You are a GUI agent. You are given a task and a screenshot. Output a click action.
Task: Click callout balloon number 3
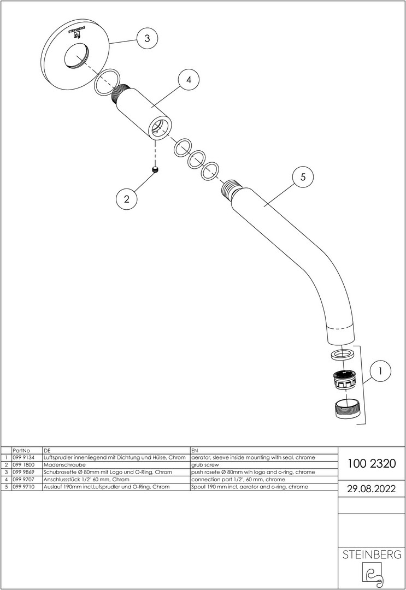pos(147,38)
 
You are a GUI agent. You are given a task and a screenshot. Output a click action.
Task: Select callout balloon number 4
pos(189,80)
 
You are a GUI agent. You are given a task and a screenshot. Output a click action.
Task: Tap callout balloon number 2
pos(127,199)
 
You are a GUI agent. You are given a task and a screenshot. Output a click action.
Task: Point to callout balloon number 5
pos(303,177)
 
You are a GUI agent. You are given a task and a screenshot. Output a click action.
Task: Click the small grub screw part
pos(156,171)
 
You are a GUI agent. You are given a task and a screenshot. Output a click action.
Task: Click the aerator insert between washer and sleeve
pos(344,379)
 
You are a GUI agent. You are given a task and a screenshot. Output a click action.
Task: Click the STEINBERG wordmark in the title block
pos(372,554)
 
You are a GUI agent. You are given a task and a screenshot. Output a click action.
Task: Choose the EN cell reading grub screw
pos(204,464)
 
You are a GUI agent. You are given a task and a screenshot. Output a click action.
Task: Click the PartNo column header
pos(21,450)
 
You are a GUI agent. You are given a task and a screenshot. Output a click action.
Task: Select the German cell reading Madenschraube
pos(62,464)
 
